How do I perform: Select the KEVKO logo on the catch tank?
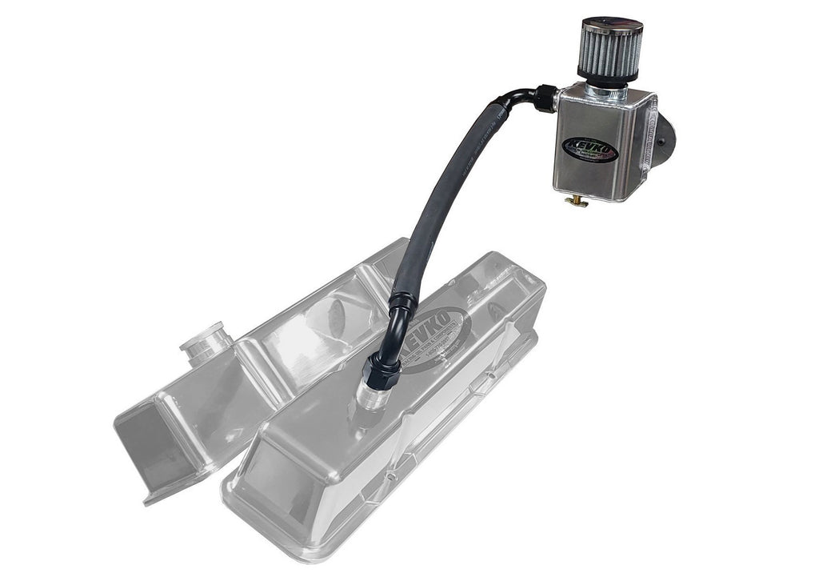click(x=589, y=150)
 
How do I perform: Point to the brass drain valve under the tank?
click(x=576, y=201)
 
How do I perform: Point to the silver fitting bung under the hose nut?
click(x=370, y=395)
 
